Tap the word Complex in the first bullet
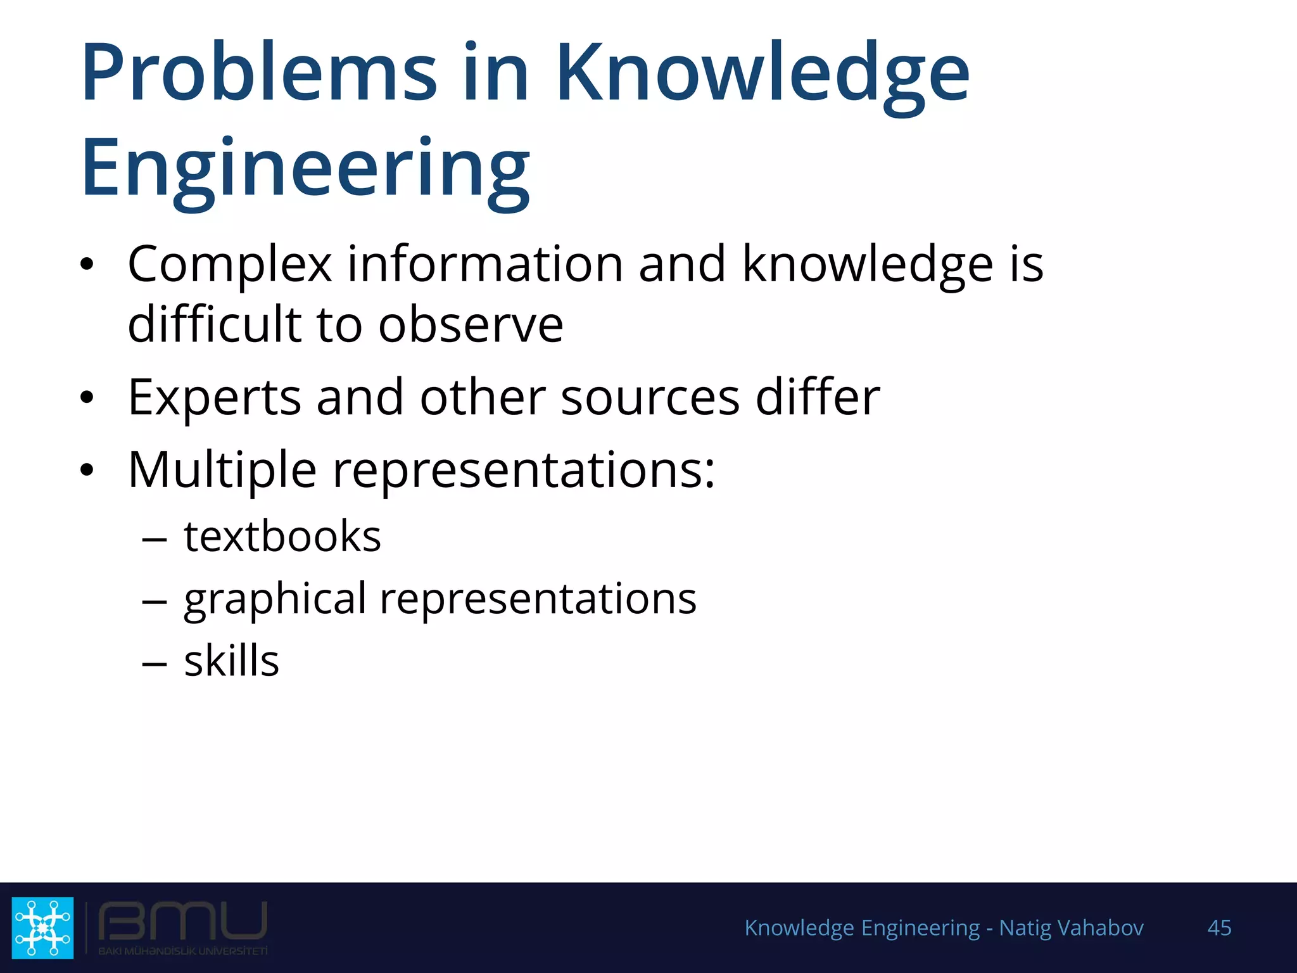(229, 264)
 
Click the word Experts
(214, 398)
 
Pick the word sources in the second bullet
(650, 398)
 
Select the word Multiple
(222, 470)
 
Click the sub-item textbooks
(282, 537)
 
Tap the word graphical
(275, 599)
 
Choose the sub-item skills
(231, 661)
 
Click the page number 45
(1219, 927)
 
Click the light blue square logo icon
(42, 927)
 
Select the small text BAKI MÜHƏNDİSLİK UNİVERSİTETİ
(183, 951)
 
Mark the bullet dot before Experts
(87, 398)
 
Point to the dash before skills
(155, 664)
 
